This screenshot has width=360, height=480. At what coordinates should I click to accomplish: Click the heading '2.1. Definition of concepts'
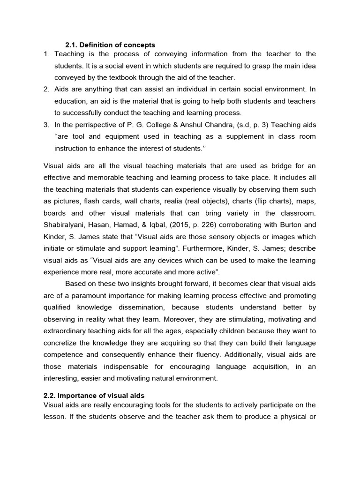click(x=110, y=45)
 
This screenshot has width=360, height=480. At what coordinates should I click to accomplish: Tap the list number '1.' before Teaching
click(x=46, y=54)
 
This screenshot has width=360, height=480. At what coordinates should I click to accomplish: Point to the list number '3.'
click(x=46, y=125)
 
